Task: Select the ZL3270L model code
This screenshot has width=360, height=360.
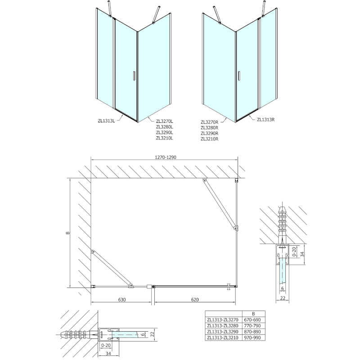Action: (165, 121)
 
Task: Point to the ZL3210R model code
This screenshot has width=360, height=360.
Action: (210, 139)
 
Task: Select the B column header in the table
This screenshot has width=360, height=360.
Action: (254, 314)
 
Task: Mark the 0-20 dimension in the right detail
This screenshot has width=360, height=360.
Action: (294, 252)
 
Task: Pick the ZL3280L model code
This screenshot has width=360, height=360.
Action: (165, 126)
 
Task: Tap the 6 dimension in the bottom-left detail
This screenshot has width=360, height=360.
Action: (141, 334)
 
